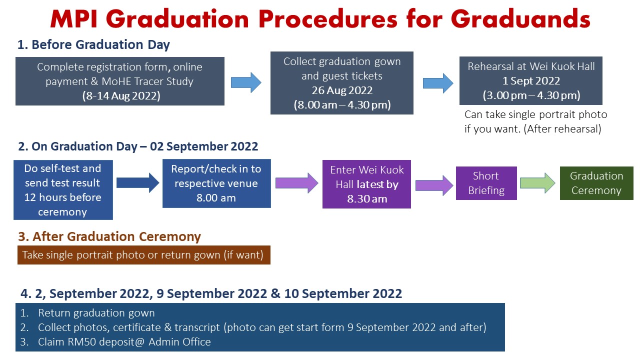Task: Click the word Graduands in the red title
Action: (x=520, y=19)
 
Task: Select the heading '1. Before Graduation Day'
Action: (x=93, y=44)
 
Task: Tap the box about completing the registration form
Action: (x=119, y=81)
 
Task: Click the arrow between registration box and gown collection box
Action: (x=246, y=82)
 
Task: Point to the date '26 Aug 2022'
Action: (x=342, y=90)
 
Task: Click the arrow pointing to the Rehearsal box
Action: (x=438, y=83)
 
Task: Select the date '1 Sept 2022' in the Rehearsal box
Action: (x=531, y=81)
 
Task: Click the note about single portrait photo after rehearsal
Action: (x=535, y=121)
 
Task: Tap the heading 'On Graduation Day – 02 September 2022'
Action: (x=138, y=146)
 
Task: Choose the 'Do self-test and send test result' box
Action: (x=63, y=189)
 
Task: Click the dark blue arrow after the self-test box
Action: (x=137, y=183)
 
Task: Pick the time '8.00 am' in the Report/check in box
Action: (x=216, y=197)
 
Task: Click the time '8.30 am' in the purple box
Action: (x=367, y=199)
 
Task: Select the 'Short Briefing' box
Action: (x=486, y=183)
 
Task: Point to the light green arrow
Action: (x=537, y=183)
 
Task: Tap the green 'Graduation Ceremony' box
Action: (x=596, y=183)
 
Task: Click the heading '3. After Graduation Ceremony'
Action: (x=109, y=236)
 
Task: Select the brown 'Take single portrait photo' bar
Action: (x=143, y=255)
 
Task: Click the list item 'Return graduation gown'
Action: (x=96, y=313)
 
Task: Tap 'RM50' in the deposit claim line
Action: (x=81, y=342)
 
